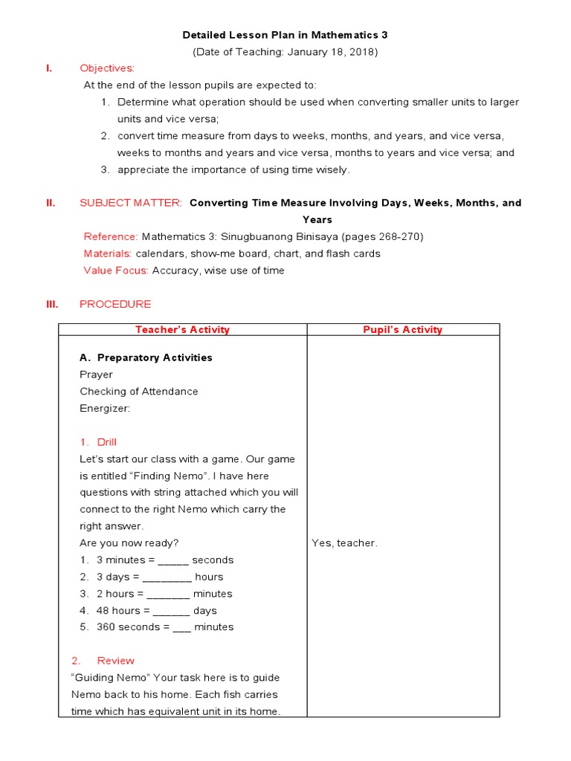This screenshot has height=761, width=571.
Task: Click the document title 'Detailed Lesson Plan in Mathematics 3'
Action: tap(285, 35)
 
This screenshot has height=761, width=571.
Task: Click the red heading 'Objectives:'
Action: tap(107, 68)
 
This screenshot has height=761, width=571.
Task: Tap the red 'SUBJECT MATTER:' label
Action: tap(130, 203)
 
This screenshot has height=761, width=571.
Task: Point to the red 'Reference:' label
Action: tap(111, 236)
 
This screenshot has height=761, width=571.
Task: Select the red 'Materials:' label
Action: tap(108, 253)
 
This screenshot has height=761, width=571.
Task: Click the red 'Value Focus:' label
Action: tap(116, 271)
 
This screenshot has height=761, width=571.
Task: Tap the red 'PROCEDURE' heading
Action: tap(115, 304)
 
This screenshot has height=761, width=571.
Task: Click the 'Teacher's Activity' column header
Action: tap(182, 330)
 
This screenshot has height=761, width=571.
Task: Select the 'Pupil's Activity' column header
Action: tap(402, 330)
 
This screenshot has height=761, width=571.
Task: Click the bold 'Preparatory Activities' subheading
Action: tap(155, 357)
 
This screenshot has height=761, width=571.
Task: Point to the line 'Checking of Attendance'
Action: tap(139, 392)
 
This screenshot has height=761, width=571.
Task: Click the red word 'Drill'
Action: tap(107, 442)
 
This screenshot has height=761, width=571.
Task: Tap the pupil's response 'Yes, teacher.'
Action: tap(344, 543)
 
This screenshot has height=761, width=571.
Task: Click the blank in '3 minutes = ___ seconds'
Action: tap(174, 560)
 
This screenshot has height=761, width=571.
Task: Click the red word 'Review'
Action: tap(116, 661)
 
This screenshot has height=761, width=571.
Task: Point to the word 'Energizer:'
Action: tap(105, 408)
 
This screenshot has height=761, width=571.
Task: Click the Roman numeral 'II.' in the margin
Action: tap(51, 203)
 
